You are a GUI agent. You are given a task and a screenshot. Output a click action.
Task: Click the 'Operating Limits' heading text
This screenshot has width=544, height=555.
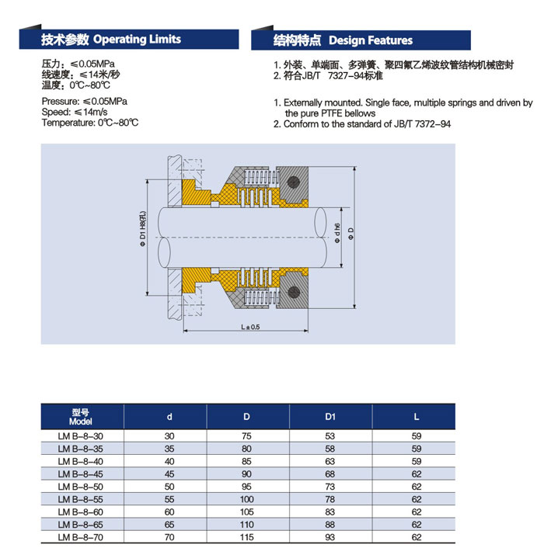tap(137, 39)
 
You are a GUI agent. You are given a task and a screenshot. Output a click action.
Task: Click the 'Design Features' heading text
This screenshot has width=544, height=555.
tap(371, 40)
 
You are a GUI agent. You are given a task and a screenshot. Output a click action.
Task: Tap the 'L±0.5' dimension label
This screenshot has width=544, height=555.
tap(250, 327)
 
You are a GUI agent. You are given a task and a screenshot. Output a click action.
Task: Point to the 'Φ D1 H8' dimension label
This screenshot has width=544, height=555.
tap(142, 229)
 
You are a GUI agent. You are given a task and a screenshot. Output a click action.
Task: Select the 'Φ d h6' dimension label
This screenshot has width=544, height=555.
tap(337, 233)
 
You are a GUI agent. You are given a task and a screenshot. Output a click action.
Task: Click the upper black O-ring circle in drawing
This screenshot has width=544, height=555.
tap(294, 182)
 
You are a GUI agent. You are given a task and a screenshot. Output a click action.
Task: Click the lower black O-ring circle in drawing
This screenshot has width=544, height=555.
tap(294, 293)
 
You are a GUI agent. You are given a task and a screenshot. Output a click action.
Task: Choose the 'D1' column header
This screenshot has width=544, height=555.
tap(330, 417)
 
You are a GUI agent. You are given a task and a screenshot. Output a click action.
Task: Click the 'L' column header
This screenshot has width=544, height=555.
tap(417, 417)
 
